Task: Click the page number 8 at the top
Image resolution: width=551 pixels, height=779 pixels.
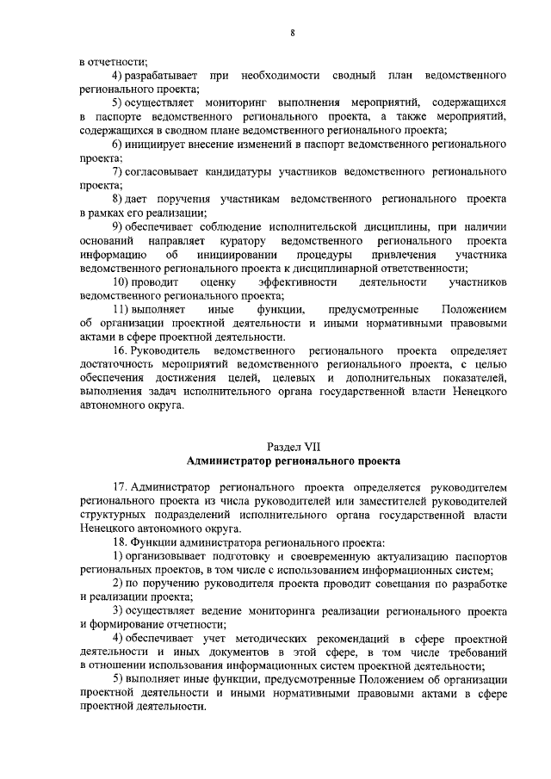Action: pyautogui.click(x=293, y=33)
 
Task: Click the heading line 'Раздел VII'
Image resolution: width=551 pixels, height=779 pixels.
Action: pyautogui.click(x=293, y=448)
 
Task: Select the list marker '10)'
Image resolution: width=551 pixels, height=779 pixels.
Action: pyautogui.click(x=126, y=281)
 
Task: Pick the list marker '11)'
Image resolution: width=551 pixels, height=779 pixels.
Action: pyautogui.click(x=126, y=309)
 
